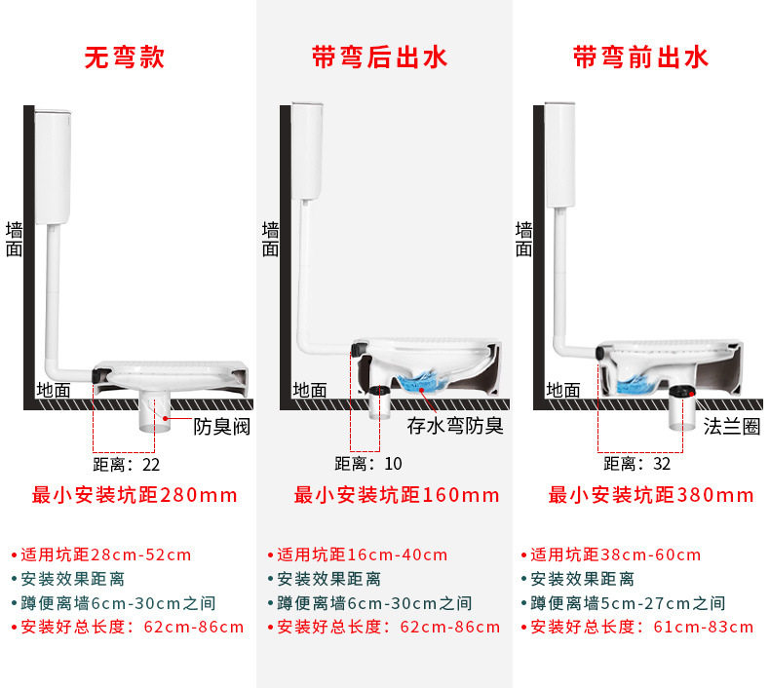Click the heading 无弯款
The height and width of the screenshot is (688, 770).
tap(124, 57)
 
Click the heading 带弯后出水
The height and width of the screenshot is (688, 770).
tap(379, 57)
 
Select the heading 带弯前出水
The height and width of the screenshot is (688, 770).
tap(639, 57)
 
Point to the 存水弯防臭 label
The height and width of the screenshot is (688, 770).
tap(454, 426)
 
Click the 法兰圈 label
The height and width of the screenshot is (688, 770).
tap(731, 426)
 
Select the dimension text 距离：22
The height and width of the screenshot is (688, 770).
tap(127, 464)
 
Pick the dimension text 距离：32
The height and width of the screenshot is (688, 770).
tap(636, 464)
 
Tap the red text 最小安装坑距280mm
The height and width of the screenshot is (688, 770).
tap(135, 495)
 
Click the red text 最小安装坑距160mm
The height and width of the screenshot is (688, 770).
tap(397, 495)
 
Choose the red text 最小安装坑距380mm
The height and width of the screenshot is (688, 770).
tap(651, 495)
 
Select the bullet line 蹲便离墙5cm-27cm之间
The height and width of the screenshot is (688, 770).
tap(622, 603)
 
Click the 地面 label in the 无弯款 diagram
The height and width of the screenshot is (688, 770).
tap(54, 390)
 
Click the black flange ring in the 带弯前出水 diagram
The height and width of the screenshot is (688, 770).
tap(679, 392)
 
